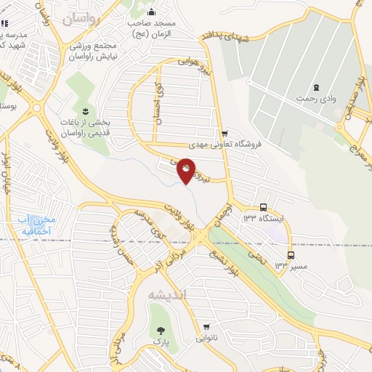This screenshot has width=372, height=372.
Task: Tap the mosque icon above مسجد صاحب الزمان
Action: coord(151,12)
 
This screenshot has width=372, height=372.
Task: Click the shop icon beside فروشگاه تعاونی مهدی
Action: coord(225,133)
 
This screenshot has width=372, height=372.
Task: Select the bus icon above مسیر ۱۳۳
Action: coord(291,255)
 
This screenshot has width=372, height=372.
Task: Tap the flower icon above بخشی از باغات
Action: coord(86,110)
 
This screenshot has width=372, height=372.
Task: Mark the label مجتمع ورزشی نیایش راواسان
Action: coord(92,50)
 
